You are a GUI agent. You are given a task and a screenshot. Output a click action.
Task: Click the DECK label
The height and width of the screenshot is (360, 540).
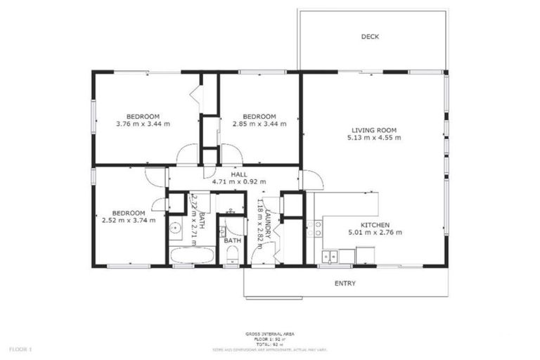(x=370, y=37)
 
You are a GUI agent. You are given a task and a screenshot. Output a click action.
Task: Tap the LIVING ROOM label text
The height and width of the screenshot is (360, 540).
(x=373, y=130)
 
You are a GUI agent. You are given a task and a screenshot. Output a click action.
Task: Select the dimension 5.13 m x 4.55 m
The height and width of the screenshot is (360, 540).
(x=373, y=138)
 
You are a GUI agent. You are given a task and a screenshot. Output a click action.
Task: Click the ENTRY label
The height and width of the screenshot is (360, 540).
(x=345, y=284)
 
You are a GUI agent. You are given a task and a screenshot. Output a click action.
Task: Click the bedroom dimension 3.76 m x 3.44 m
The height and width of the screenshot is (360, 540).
(x=143, y=124)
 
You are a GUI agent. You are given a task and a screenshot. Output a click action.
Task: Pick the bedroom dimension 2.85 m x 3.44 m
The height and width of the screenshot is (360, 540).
(x=259, y=124)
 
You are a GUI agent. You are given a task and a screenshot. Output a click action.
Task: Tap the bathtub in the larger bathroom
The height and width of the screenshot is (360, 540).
(x=192, y=255)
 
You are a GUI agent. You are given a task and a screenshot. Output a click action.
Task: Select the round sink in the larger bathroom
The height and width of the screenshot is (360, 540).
(x=176, y=228)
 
